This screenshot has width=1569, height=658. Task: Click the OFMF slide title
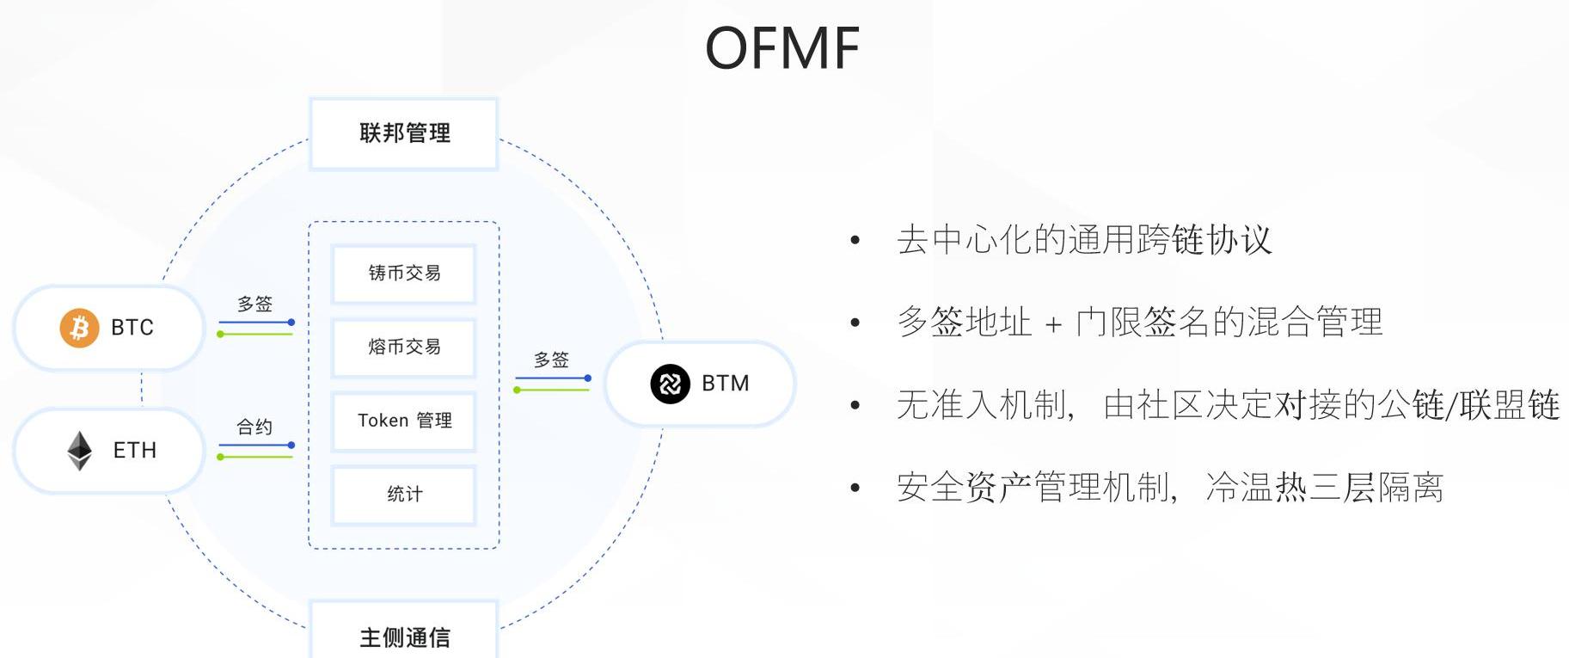click(782, 48)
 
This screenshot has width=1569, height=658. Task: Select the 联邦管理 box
click(404, 133)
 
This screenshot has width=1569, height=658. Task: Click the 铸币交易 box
click(404, 274)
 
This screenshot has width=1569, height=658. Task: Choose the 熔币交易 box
click(404, 347)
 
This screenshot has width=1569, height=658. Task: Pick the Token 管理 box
click(404, 421)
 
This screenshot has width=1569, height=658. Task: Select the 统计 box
click(404, 495)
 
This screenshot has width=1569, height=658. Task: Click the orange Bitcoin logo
click(79, 328)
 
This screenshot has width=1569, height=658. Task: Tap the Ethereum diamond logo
click(80, 451)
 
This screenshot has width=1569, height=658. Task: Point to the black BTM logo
click(670, 384)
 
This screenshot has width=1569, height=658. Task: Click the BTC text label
click(132, 328)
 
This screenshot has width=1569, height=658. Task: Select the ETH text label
click(135, 451)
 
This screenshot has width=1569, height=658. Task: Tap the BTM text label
click(726, 384)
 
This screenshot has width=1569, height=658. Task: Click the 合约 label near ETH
click(254, 427)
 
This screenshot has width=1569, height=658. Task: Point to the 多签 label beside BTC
click(254, 304)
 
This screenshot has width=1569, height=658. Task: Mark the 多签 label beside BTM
click(551, 360)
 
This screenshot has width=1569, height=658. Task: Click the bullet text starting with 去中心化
click(1083, 240)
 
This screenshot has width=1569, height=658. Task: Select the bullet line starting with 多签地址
click(1139, 323)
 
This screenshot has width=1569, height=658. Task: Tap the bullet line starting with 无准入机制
click(1228, 405)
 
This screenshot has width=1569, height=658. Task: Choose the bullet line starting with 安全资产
click(1169, 488)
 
